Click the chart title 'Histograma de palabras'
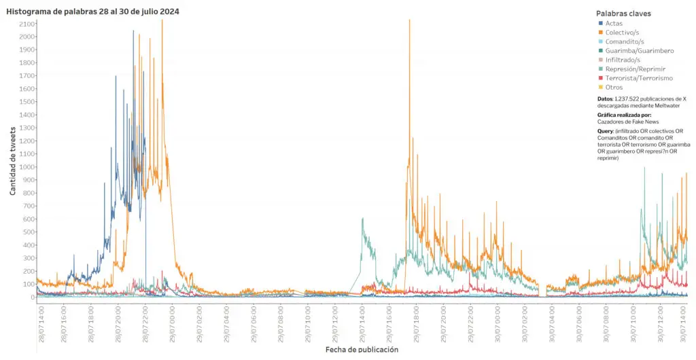pyautogui.click(x=93, y=12)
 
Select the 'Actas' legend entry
pyautogui.click(x=614, y=23)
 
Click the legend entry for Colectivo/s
pyautogui.click(x=622, y=33)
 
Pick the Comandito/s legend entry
pyautogui.click(x=624, y=41)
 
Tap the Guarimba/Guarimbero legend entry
pyautogui.click(x=640, y=50)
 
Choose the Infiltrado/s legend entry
pyautogui.click(x=623, y=60)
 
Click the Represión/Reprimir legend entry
pyautogui.click(x=635, y=69)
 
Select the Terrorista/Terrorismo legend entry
pyautogui.click(x=638, y=78)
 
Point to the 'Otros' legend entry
pyautogui.click(x=614, y=87)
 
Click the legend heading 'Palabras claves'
pyautogui.click(x=623, y=14)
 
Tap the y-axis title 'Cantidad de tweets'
pyautogui.click(x=13, y=155)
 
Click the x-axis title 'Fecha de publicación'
pyautogui.click(x=361, y=349)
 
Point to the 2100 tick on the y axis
pyautogui.click(x=28, y=24)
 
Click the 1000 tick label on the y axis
pyautogui.click(x=28, y=167)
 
